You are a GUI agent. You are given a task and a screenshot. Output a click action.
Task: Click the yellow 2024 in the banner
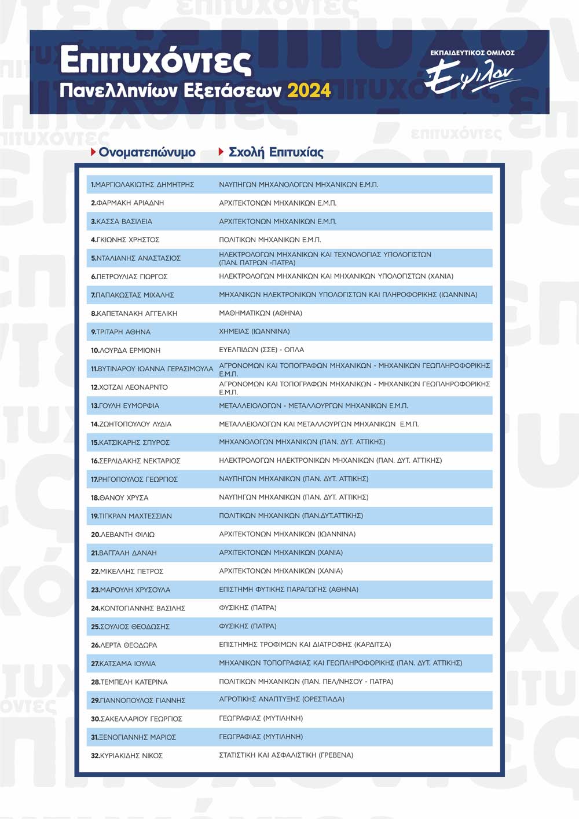(309, 91)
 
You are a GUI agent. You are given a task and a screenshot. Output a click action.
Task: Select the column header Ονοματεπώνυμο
(147, 152)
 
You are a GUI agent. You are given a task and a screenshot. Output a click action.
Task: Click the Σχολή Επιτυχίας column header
(276, 152)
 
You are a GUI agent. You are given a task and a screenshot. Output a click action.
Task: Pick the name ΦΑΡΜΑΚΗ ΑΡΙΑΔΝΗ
(130, 203)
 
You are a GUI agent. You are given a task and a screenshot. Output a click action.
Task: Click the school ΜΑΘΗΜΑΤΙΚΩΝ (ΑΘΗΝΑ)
(261, 313)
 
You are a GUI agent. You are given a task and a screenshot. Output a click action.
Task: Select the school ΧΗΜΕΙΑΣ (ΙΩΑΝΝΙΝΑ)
(254, 331)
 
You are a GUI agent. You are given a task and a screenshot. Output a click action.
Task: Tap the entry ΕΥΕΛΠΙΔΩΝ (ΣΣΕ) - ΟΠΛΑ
(261, 350)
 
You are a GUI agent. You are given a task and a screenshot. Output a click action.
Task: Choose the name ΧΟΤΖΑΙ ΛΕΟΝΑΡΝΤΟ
(133, 387)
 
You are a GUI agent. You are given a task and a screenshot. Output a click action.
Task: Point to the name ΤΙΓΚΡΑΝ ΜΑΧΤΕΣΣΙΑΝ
(135, 516)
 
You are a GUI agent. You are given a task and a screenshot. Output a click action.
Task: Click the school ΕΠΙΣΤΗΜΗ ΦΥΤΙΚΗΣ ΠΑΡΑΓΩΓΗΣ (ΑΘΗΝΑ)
(288, 590)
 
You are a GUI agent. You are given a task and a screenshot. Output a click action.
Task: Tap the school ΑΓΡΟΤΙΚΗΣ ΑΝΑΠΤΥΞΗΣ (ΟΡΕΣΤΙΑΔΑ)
(281, 700)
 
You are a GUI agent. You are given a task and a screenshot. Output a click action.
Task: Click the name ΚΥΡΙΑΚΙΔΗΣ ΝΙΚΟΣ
(131, 756)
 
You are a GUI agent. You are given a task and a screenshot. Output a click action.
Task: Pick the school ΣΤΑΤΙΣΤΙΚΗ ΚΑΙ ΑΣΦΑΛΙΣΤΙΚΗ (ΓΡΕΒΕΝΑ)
(286, 755)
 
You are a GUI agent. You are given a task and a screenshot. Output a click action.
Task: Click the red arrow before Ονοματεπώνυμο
(93, 152)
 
